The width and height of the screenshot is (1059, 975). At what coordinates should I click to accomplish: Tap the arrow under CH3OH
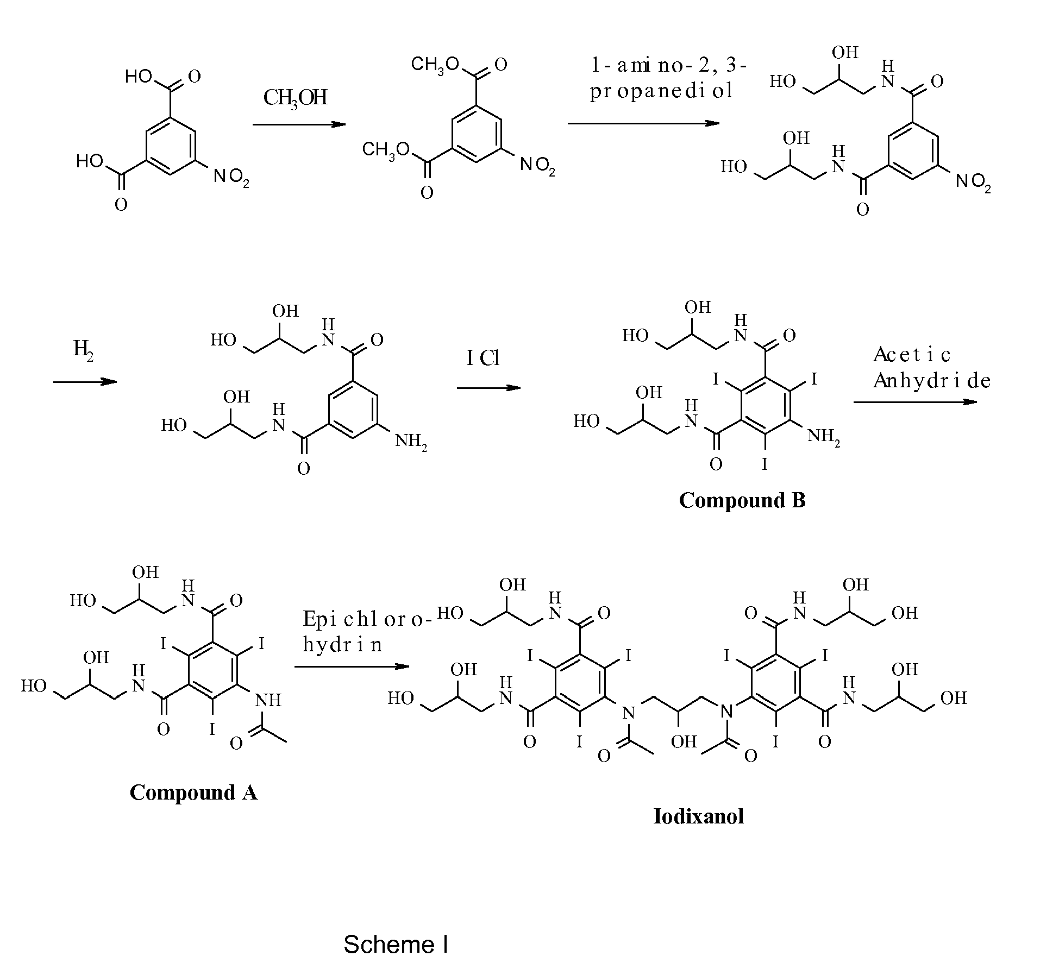coord(299,124)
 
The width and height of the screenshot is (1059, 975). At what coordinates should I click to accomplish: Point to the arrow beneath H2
coord(85,382)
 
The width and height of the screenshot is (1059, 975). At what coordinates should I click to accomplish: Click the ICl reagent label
coord(483,358)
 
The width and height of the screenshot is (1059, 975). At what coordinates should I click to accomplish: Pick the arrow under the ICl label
coord(489,388)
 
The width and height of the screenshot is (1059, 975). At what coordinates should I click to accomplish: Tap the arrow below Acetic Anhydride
coord(916,402)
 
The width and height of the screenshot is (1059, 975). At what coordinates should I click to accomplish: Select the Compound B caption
coord(742,500)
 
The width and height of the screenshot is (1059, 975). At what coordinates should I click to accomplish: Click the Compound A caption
coord(193,792)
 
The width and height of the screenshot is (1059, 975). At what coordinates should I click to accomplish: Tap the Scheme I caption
coord(396,945)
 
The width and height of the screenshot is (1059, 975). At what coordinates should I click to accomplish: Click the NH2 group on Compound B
coord(824,437)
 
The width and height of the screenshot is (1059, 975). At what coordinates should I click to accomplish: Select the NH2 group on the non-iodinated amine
coord(411,441)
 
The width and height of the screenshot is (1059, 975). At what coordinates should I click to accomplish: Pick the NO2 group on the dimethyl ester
coord(537,165)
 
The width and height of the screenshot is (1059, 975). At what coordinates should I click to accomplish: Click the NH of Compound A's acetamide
coord(268,700)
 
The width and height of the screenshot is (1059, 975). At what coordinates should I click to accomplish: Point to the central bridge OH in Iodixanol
coord(684,741)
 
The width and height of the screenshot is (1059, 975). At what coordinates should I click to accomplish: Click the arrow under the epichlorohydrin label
coord(352,666)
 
